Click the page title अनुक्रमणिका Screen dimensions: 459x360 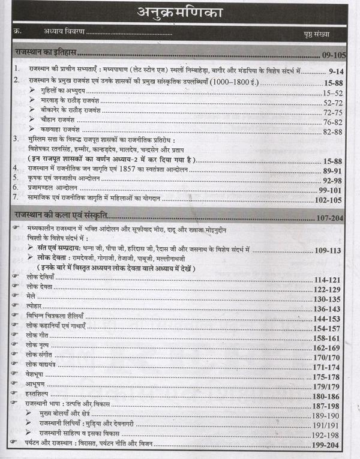pos(180,12)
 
